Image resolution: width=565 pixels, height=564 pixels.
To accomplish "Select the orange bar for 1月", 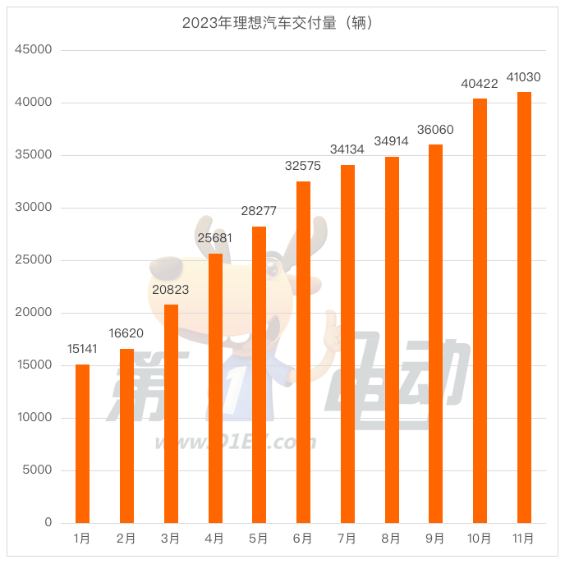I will coord(82,443).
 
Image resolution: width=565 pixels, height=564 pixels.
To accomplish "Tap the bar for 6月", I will coord(303,353).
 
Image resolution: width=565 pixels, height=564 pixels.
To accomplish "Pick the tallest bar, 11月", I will coord(524,308).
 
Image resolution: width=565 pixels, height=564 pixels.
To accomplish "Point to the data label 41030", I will coord(524,77).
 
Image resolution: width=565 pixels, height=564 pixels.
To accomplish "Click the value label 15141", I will coord(82,349).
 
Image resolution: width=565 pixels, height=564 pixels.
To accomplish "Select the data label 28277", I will coord(259,211).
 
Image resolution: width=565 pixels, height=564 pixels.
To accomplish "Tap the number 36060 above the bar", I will coord(435,130).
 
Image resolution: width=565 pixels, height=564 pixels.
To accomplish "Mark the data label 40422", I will coord(480,84).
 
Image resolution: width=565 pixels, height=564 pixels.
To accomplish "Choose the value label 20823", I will coord(171,289).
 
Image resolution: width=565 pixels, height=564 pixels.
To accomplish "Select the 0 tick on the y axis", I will coord(48,523).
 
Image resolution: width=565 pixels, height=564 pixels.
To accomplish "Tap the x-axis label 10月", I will coord(480,539).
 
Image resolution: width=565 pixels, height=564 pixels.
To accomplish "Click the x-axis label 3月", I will coord(171,539).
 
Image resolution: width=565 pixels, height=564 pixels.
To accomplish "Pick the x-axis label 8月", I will coord(392,539).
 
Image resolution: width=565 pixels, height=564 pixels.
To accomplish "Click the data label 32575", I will coord(303,166).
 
